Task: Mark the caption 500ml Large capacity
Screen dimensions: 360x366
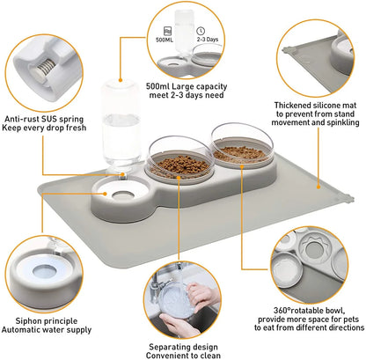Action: click(184, 88)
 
